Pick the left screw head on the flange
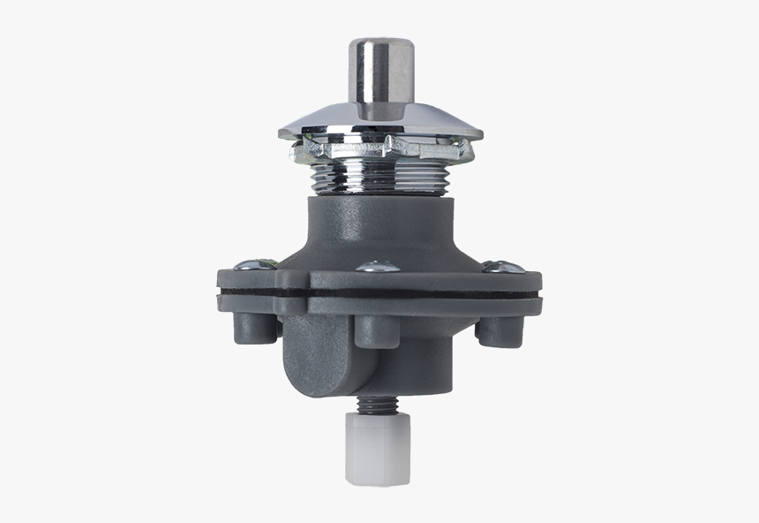[247, 262]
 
